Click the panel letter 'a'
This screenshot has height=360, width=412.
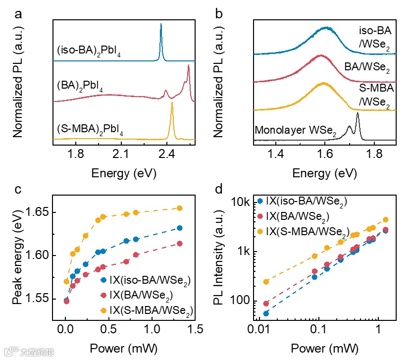click(19, 14)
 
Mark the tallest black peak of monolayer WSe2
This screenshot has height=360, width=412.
click(358, 115)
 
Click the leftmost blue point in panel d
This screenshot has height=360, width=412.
click(266, 313)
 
